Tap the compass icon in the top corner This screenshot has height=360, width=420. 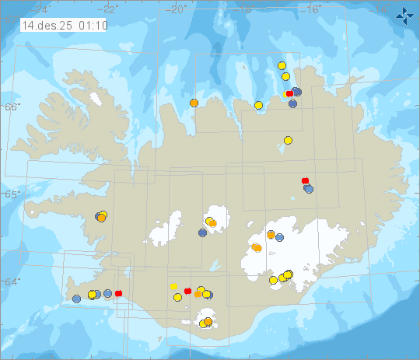404,14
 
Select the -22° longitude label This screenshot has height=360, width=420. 110,9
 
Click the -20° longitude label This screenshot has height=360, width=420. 177,9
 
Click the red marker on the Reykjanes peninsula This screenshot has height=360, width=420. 118,293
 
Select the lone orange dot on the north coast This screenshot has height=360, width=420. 194,103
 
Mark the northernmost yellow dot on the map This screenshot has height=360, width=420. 282,66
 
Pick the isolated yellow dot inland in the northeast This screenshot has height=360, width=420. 288,140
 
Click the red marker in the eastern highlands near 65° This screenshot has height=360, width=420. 305,181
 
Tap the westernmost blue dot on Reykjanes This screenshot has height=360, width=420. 76,299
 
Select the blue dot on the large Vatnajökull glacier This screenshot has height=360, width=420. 280,237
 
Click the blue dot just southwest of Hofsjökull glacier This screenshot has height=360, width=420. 202,232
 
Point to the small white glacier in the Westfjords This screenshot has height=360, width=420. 96,100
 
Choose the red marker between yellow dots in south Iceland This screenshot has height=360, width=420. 187,291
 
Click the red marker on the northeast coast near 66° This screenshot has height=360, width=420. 289,94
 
